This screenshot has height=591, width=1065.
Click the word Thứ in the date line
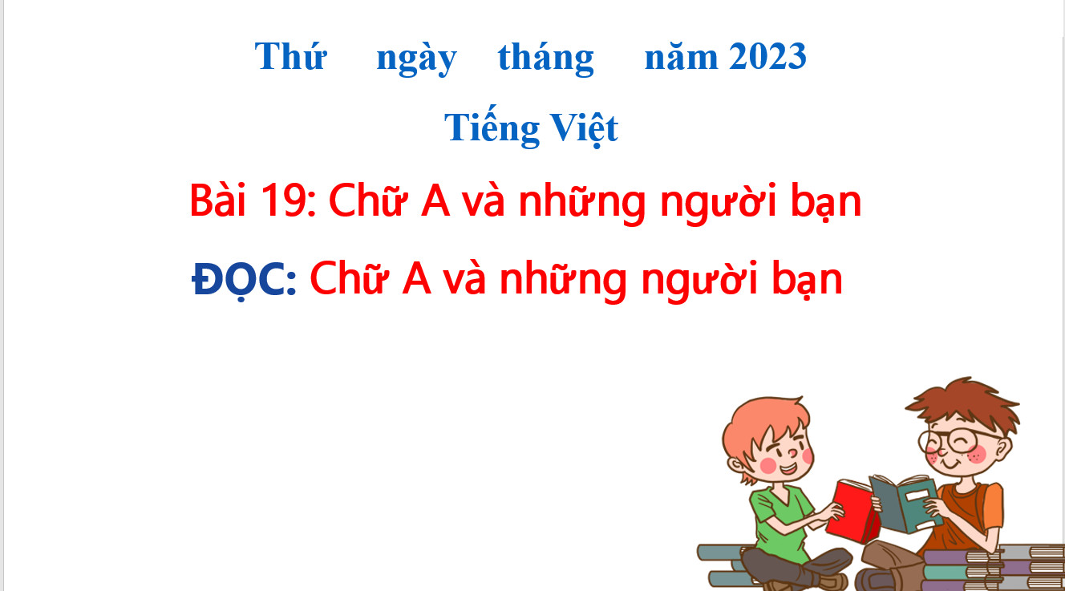(290, 57)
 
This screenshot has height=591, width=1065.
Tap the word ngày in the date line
(416, 60)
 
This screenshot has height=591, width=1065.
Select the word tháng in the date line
(546, 59)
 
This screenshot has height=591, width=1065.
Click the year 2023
(767, 56)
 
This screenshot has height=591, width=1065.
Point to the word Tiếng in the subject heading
(492, 127)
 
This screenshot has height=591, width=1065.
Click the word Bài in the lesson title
(218, 200)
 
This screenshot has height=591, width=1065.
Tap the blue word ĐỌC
(245, 279)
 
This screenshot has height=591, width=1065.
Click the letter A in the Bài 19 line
(435, 201)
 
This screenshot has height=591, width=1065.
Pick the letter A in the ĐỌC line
(416, 279)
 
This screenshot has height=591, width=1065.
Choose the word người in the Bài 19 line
(719, 203)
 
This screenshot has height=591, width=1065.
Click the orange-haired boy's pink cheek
(768, 465)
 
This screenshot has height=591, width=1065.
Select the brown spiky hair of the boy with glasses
(966, 404)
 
